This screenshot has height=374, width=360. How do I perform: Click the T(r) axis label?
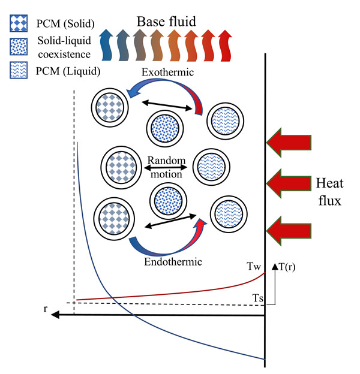click(x=286, y=268)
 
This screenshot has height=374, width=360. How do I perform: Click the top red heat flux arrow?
click(x=289, y=142)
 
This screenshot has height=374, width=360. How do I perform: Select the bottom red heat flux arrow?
click(x=289, y=231)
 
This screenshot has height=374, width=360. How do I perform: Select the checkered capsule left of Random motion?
click(x=118, y=164)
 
